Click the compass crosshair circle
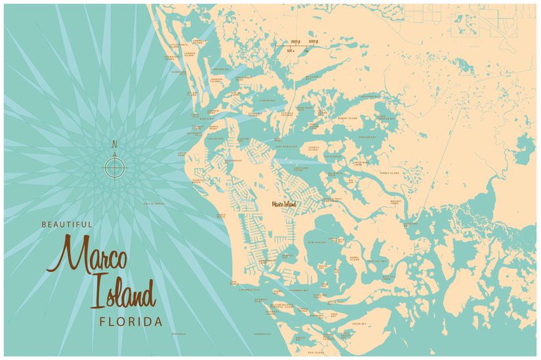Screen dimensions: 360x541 click(x=114, y=168)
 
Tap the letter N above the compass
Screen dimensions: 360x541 click(x=114, y=144)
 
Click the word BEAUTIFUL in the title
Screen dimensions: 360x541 click(x=67, y=224)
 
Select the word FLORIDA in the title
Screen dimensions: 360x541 click(x=130, y=321)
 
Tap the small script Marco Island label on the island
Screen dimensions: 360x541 click(x=284, y=204)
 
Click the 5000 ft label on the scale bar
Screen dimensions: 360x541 click(x=313, y=42)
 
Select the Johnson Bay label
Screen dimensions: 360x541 click(x=220, y=68)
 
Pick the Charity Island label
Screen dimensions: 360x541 click(x=313, y=148)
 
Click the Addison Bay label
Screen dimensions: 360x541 click(x=367, y=137)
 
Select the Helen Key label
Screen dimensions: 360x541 click(x=358, y=323)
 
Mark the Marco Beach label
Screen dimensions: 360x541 click(x=221, y=215)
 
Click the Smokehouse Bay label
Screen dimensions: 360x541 click(x=233, y=161)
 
